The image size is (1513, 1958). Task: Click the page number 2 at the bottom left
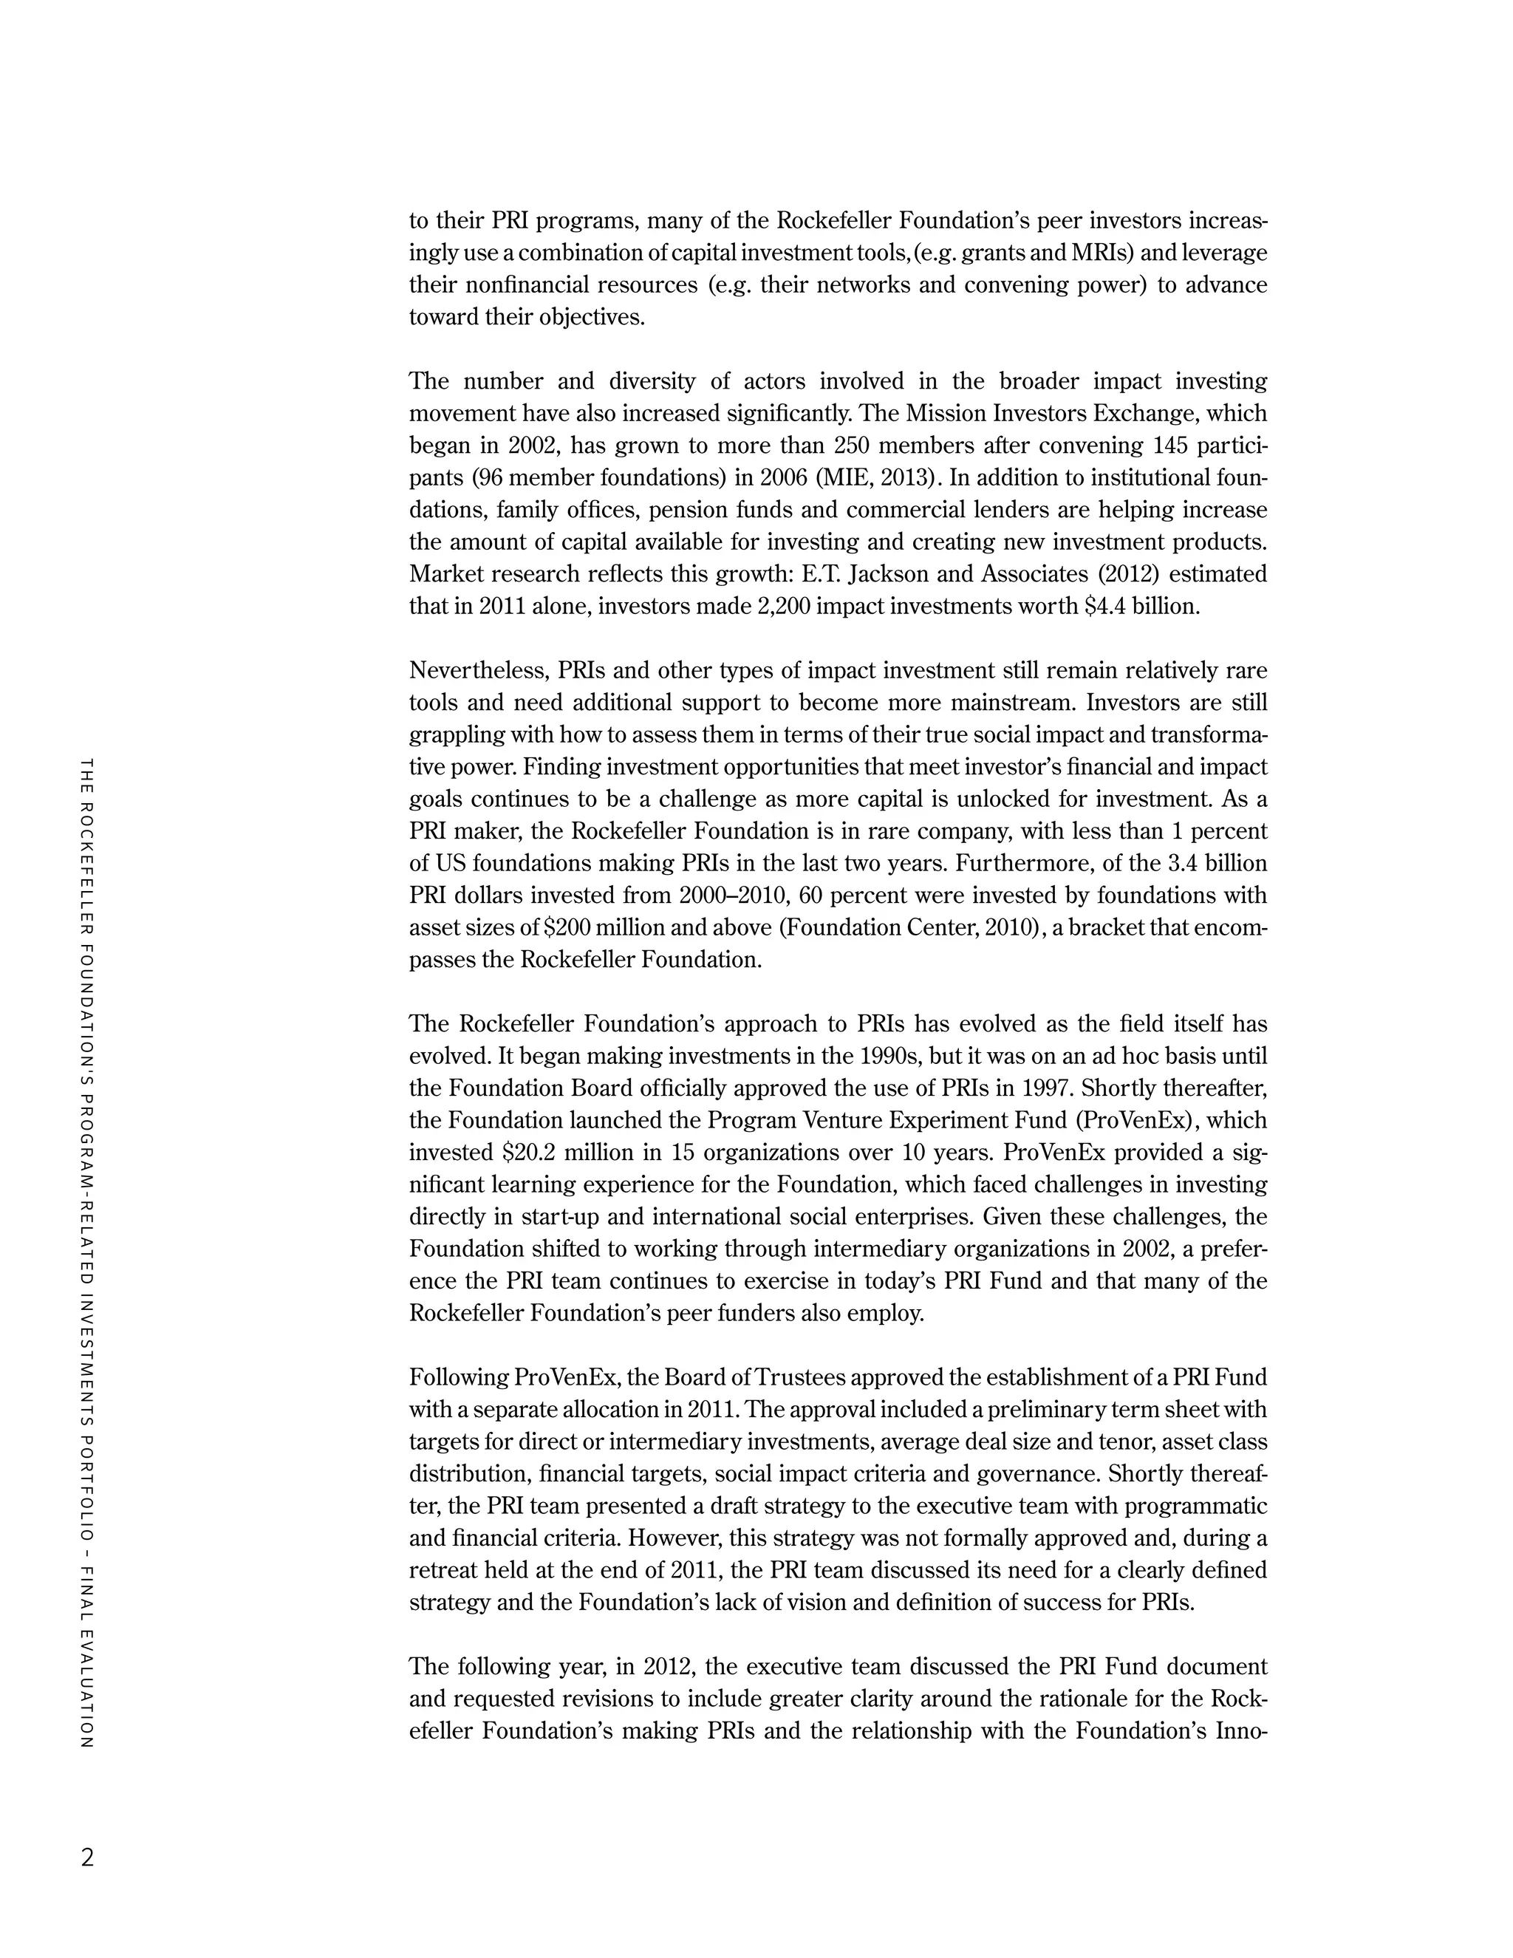point(87,1857)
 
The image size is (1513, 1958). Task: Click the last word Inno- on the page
point(1240,1731)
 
